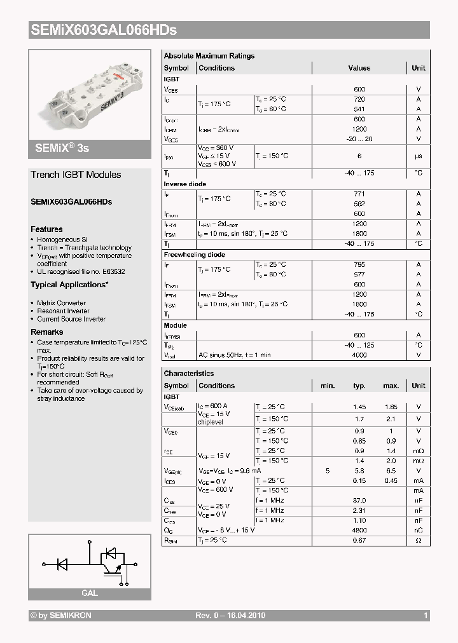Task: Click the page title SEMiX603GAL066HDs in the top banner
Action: click(103, 30)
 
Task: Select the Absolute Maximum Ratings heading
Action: click(209, 56)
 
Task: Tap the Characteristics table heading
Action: click(189, 374)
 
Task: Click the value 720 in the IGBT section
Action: click(359, 100)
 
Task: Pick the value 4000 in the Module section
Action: click(359, 355)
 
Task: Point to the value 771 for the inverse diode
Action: click(359, 194)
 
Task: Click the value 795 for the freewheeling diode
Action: click(359, 264)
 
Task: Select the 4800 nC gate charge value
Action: click(359, 530)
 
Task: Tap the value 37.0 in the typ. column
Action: click(359, 500)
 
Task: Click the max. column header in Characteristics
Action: click(391, 386)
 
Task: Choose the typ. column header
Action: click(359, 386)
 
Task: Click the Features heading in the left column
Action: click(46, 229)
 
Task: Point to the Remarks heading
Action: click(47, 332)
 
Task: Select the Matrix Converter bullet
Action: click(62, 303)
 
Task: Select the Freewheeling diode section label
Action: click(195, 255)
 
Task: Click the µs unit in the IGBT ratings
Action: click(419, 156)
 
